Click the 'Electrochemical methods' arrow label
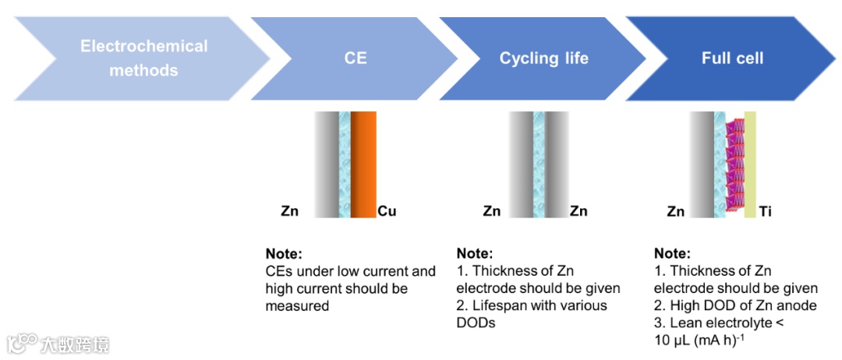[143, 58]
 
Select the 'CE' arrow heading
[356, 58]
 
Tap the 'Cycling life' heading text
[543, 58]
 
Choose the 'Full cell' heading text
[732, 58]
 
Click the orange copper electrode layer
[363, 164]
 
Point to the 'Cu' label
[387, 211]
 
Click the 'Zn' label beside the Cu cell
[290, 211]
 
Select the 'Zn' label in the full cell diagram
[676, 211]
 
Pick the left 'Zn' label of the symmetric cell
[492, 211]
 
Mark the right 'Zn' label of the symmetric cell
[578, 211]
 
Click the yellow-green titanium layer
[750, 164]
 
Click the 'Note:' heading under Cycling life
[475, 254]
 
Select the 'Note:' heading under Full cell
[672, 254]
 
